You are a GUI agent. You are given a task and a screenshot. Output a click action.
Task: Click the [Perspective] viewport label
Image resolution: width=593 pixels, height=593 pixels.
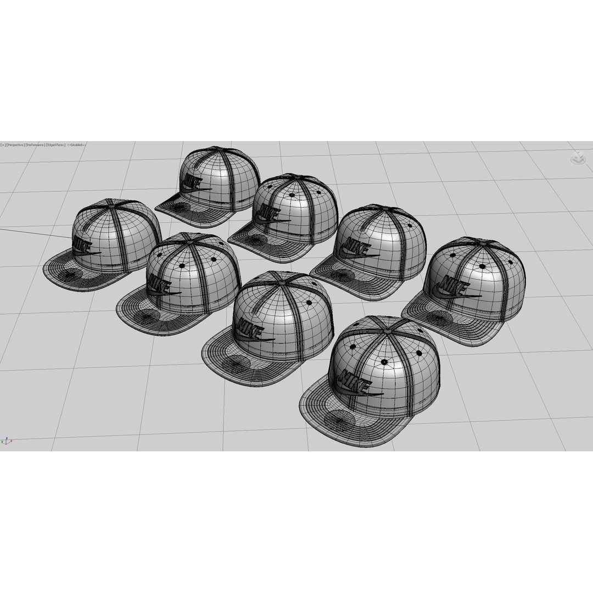click(x=15, y=145)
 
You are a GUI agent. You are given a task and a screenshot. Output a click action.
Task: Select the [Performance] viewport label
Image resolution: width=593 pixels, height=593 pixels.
click(x=35, y=145)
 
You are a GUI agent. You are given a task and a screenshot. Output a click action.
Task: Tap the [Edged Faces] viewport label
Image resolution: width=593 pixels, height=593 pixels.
click(x=55, y=145)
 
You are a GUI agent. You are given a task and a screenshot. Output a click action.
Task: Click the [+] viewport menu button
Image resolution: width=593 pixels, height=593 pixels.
click(x=3, y=145)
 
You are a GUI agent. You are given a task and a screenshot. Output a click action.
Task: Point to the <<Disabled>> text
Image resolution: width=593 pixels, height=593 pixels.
click(x=76, y=145)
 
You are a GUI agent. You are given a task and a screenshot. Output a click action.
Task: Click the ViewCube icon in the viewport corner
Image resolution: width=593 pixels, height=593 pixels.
click(x=577, y=158)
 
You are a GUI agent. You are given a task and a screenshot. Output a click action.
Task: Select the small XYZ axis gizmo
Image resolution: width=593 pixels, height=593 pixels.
click(x=7, y=440)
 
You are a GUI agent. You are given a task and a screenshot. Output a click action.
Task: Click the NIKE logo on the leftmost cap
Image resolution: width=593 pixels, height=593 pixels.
click(x=84, y=245)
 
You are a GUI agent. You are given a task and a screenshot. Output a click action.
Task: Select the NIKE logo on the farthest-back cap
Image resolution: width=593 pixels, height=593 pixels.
click(x=193, y=182)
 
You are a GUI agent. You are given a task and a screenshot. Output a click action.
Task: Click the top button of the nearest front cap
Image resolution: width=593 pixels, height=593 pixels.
click(x=389, y=331)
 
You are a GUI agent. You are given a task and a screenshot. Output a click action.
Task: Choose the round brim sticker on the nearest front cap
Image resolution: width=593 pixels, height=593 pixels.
click(x=339, y=421)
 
